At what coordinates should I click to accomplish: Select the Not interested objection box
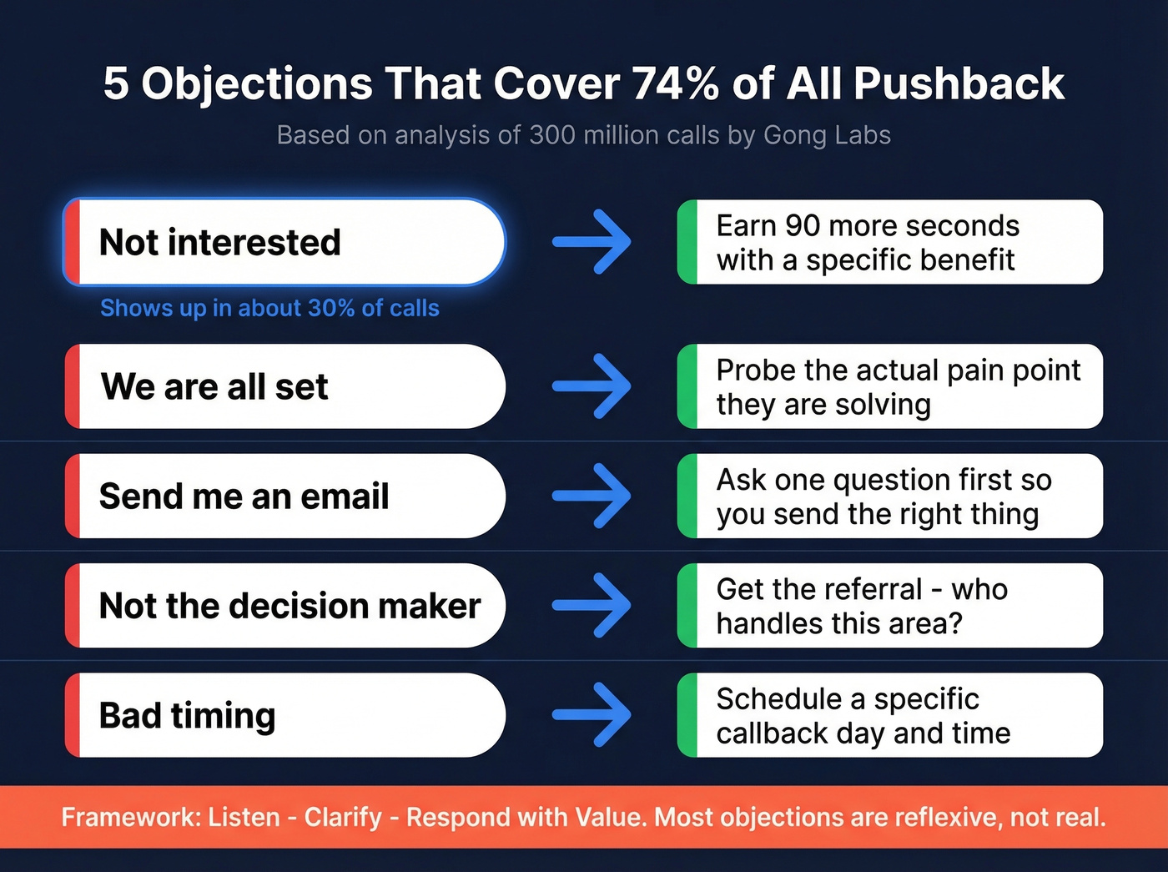pyautogui.click(x=284, y=243)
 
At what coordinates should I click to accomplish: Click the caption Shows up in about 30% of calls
pyautogui.click(x=269, y=309)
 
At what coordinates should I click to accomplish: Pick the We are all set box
pyautogui.click(x=284, y=387)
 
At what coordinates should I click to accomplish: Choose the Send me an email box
pyautogui.click(x=284, y=496)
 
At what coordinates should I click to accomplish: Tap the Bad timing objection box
pyautogui.click(x=284, y=716)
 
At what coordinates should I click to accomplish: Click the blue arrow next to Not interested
pyautogui.click(x=592, y=243)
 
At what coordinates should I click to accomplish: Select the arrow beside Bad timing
pyautogui.click(x=592, y=716)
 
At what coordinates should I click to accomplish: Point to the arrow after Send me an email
pyautogui.click(x=592, y=496)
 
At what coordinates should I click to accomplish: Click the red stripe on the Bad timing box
pyautogui.click(x=73, y=716)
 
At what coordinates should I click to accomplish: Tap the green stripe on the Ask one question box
pyautogui.click(x=687, y=496)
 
